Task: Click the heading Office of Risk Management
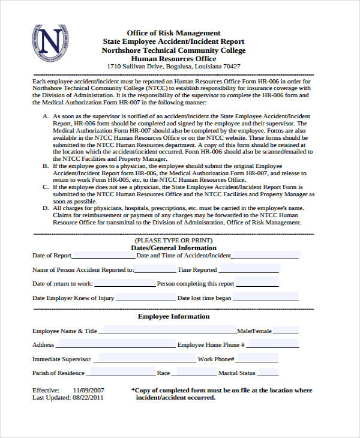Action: click(x=173, y=32)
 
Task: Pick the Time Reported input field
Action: click(x=247, y=269)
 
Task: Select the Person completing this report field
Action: click(x=257, y=283)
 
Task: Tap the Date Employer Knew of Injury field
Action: click(x=145, y=298)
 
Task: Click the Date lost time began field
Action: click(x=265, y=298)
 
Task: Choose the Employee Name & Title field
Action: click(x=167, y=330)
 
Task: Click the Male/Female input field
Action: click(x=286, y=330)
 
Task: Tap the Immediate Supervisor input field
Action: click(x=143, y=359)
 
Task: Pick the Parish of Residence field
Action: click(x=121, y=373)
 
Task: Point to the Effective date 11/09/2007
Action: click(x=88, y=390)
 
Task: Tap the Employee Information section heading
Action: click(x=173, y=316)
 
